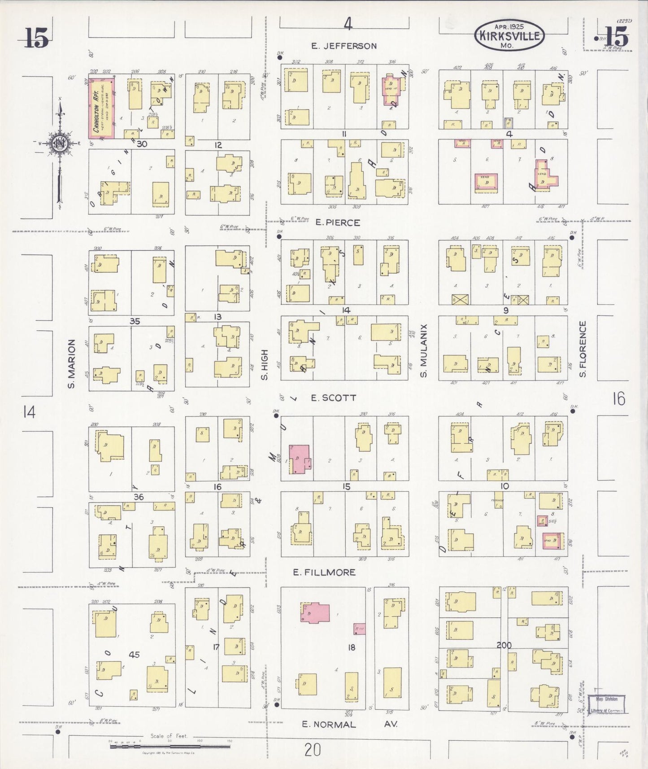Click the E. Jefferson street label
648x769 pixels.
pyautogui.click(x=344, y=46)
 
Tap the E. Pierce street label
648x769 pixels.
pyautogui.click(x=337, y=223)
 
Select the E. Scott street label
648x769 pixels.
pyautogui.click(x=333, y=398)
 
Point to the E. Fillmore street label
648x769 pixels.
pyautogui.click(x=324, y=572)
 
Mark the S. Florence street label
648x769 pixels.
pyautogui.click(x=583, y=349)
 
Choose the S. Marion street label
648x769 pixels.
pyautogui.click(x=71, y=364)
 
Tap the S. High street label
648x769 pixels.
pyautogui.click(x=265, y=365)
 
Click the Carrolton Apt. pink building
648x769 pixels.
pyautogui.click(x=101, y=109)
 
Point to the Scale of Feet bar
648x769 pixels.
pyautogui.click(x=170, y=747)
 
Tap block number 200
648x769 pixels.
pyautogui.click(x=504, y=645)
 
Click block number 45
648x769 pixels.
pyautogui.click(x=134, y=655)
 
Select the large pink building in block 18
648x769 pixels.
pyautogui.click(x=315, y=613)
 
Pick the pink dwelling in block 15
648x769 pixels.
pyautogui.click(x=300, y=459)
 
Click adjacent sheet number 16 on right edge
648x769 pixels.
pyautogui.click(x=618, y=398)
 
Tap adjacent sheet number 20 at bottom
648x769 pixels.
pyautogui.click(x=312, y=749)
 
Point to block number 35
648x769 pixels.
pyautogui.click(x=135, y=321)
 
